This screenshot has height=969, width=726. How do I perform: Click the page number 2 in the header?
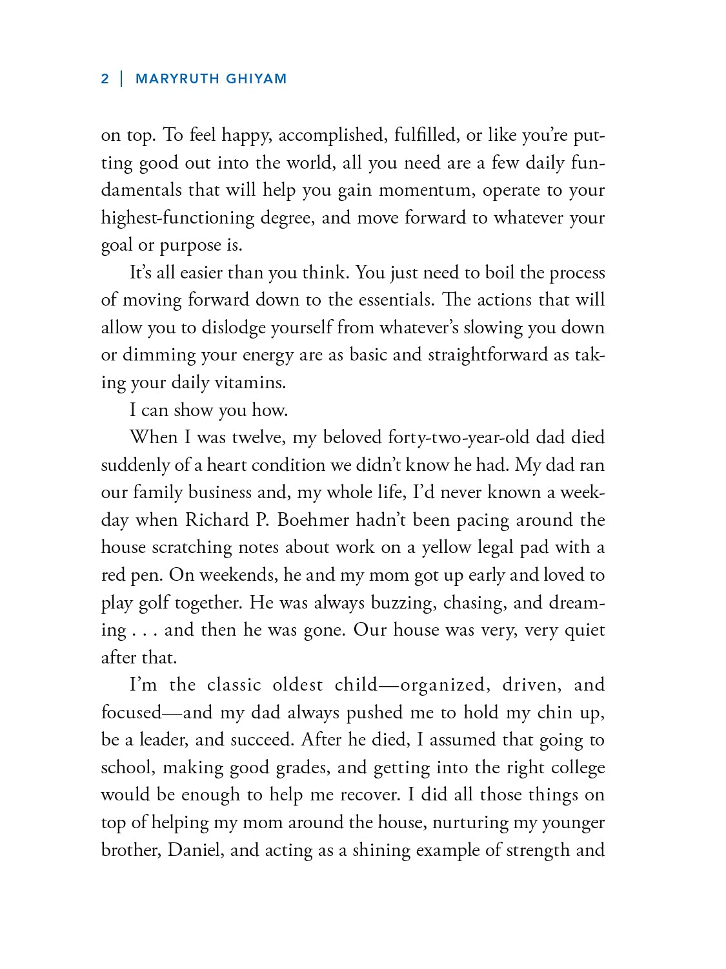click(x=105, y=79)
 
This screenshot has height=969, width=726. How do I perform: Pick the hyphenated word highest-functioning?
click(x=177, y=218)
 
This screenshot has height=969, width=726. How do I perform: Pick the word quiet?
click(x=585, y=630)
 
